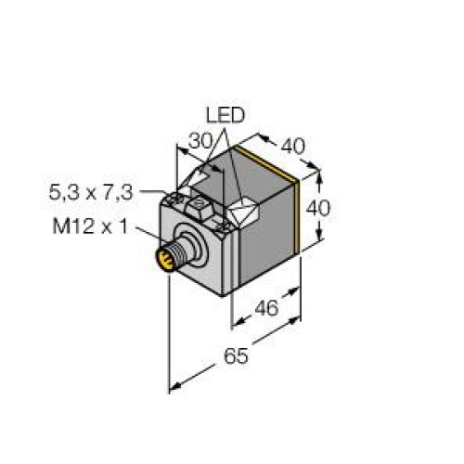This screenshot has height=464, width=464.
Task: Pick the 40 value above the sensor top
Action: [x=293, y=147]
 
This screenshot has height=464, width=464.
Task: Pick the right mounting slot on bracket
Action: [x=223, y=223]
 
